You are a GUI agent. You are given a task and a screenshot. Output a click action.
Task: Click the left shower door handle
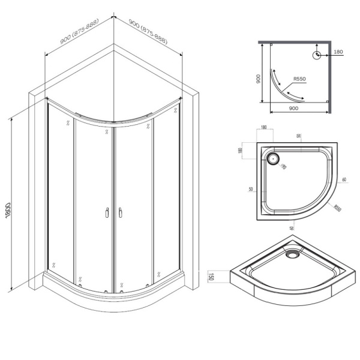tap(106, 212)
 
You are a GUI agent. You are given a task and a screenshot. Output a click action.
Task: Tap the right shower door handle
tap(121, 212)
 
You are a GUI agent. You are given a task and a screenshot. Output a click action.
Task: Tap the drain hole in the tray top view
tap(273, 160)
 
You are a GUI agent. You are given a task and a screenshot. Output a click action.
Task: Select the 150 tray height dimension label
tap(211, 277)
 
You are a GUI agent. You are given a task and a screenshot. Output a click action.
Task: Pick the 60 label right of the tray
tap(344, 179)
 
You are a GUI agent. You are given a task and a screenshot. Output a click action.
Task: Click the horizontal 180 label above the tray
tap(264, 127)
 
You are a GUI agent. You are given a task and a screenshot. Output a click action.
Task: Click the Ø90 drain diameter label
tap(284, 166)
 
